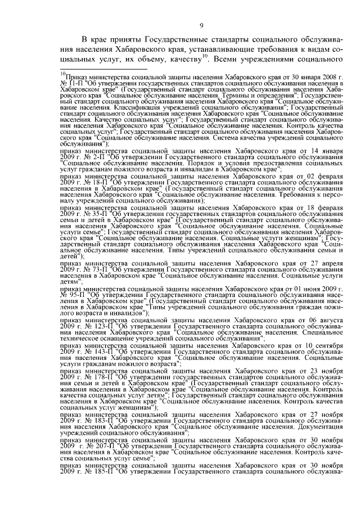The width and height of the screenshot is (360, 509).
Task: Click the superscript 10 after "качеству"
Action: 205,56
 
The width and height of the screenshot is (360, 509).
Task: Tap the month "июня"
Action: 322,290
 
